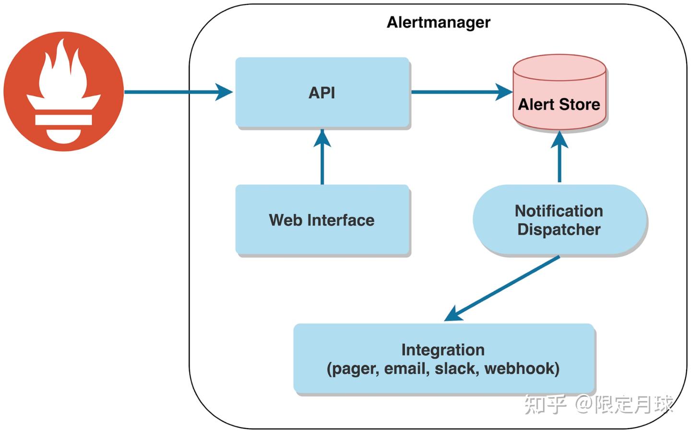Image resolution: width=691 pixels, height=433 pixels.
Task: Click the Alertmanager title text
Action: coord(438,23)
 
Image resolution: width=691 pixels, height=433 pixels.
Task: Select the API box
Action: coord(322,92)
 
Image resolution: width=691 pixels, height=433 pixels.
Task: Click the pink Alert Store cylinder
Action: coord(559,94)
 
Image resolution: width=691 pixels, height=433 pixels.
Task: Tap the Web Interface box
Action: coord(322,220)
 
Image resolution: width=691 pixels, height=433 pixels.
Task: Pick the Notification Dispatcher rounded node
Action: coord(559,220)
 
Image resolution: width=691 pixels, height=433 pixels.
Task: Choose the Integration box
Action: coord(443,359)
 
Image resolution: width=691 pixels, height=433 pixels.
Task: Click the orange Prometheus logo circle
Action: coord(63,91)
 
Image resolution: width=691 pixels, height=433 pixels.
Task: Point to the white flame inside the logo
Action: coord(63,72)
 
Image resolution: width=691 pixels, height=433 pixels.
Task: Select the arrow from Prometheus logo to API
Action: coord(178,92)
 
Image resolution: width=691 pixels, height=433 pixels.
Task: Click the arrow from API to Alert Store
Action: coord(461,92)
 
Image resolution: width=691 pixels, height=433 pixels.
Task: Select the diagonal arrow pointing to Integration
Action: coord(501,289)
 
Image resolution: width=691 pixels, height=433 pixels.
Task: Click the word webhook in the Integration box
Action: coord(521,369)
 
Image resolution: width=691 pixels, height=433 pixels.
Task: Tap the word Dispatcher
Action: coord(559,229)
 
